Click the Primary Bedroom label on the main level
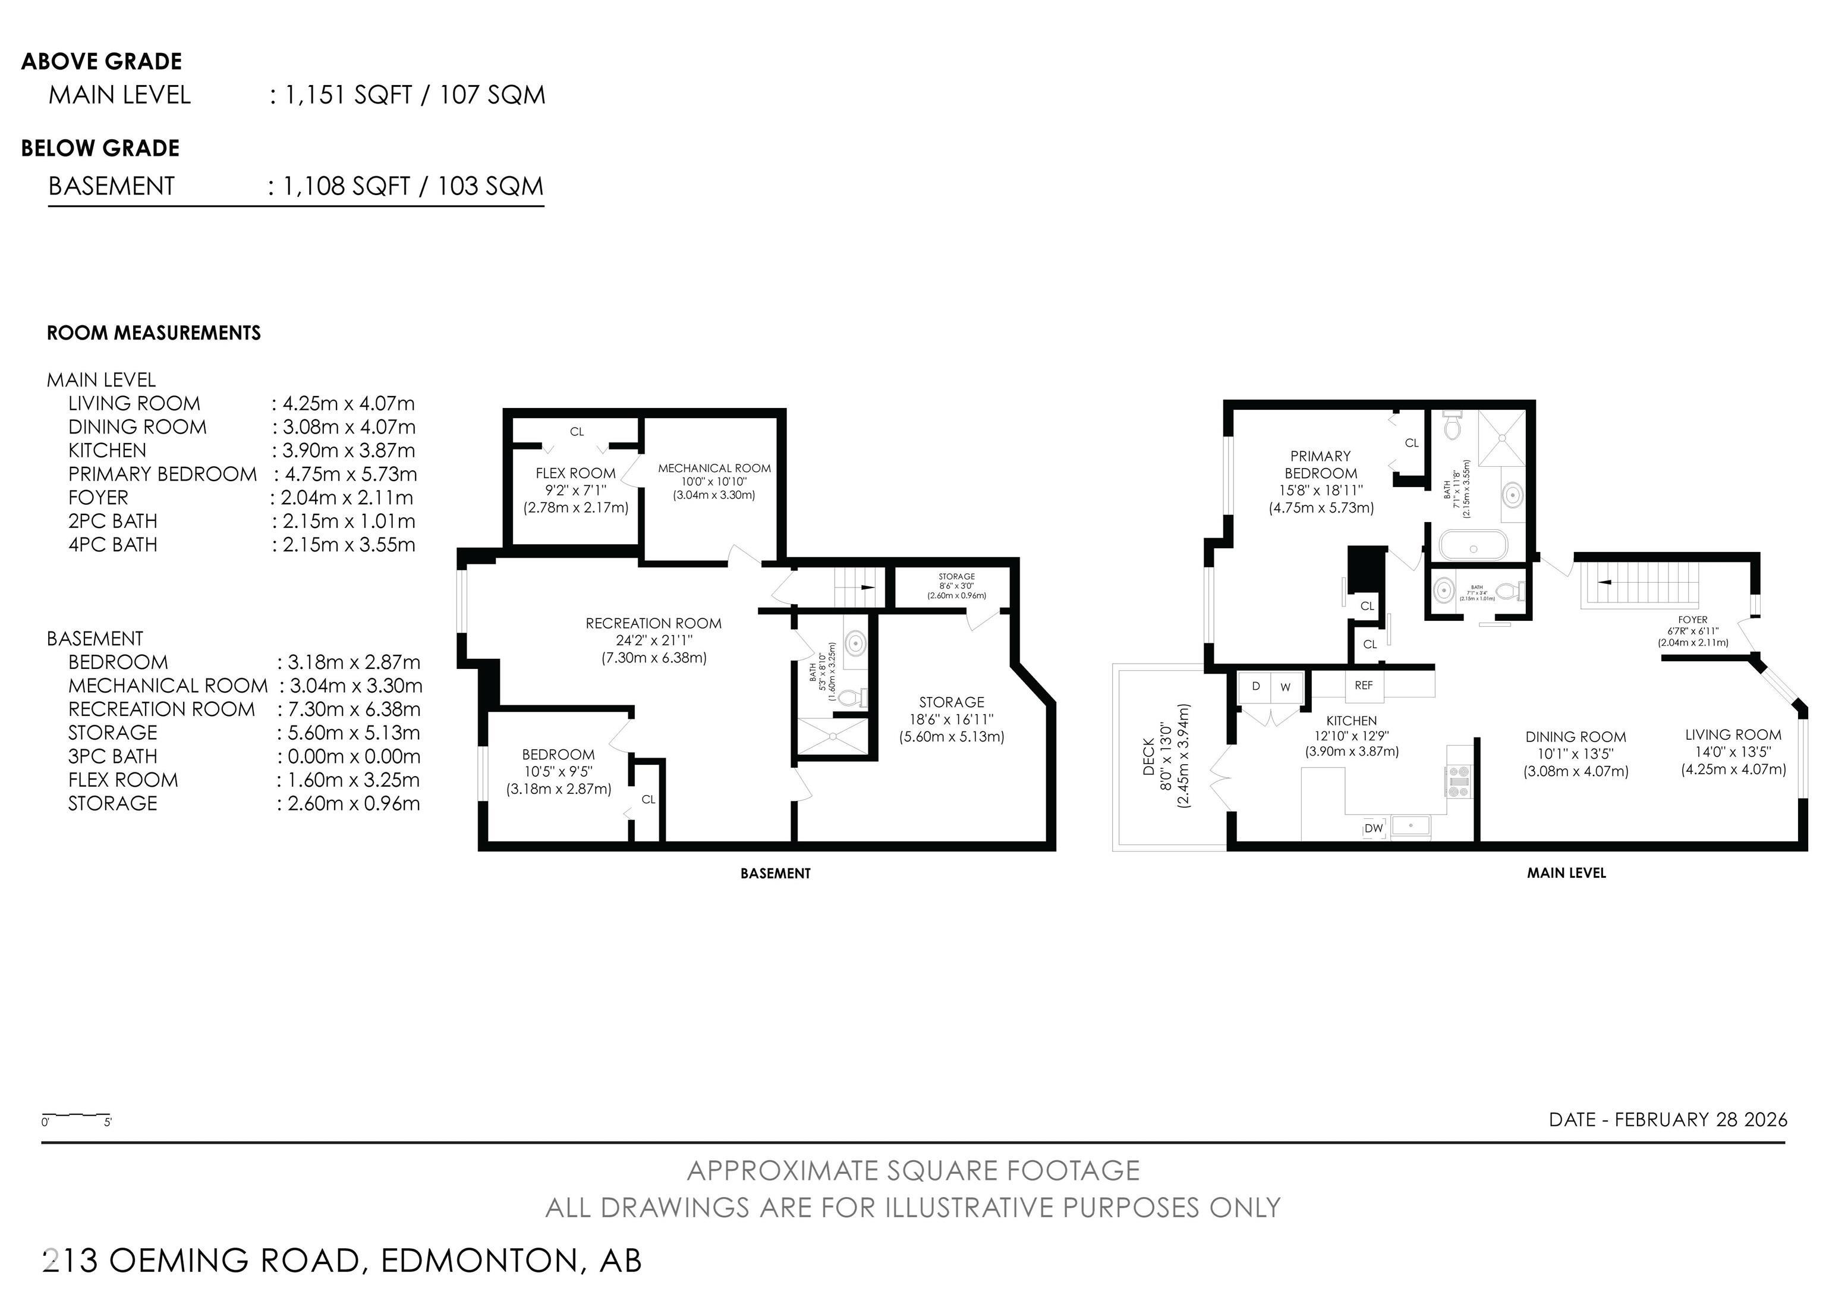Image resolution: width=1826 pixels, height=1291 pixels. [1320, 464]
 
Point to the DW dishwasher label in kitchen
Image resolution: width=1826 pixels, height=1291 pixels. [1374, 828]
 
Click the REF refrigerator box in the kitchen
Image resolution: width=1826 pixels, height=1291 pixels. [1363, 686]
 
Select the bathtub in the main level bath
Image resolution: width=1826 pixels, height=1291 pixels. [1473, 548]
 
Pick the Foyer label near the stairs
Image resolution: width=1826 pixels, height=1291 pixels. [1692, 620]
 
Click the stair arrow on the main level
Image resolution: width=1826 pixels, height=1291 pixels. [1605, 582]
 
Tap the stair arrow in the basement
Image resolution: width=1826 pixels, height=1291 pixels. [867, 587]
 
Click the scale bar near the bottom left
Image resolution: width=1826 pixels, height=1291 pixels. [75, 1114]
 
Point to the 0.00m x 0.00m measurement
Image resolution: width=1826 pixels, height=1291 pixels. [348, 756]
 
